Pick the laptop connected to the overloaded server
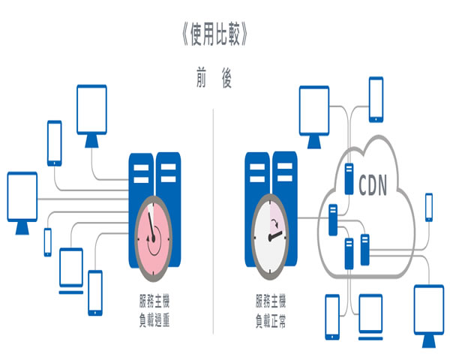[71, 264]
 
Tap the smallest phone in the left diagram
[47, 242]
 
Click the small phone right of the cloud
[429, 207]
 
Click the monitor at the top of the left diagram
[92, 112]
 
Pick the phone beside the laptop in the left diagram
[95, 292]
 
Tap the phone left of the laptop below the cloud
[334, 314]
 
